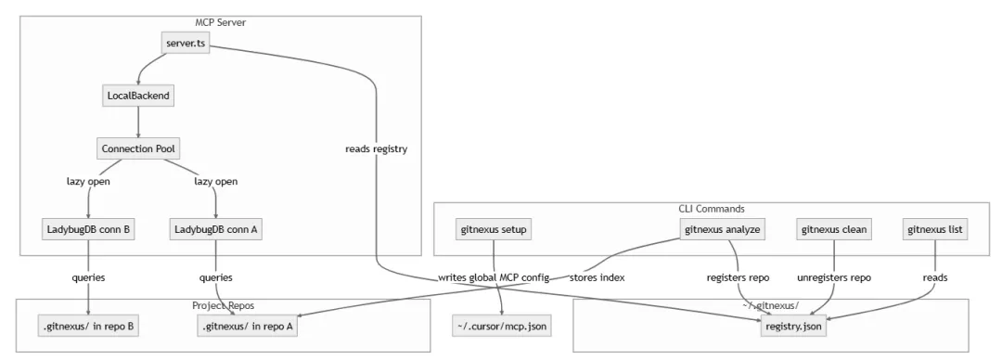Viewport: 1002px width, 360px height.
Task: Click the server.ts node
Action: [185, 43]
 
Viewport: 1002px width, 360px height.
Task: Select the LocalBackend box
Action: [138, 96]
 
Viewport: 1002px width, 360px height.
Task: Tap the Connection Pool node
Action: [138, 149]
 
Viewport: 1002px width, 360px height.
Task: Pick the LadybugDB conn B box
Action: [88, 229]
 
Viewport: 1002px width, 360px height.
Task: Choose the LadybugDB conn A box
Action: [216, 229]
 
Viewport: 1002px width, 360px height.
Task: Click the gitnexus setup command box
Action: [494, 229]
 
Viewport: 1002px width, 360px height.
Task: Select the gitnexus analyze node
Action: [723, 229]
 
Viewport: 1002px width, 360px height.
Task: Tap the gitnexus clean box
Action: [834, 229]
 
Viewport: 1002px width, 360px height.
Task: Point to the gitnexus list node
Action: [935, 229]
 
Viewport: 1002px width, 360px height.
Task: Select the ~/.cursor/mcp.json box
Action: [502, 326]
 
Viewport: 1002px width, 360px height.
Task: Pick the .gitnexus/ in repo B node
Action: [88, 326]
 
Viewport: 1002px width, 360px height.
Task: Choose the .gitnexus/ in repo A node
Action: [248, 326]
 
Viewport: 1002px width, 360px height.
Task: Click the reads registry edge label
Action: [377, 149]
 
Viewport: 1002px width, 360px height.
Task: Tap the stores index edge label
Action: [597, 277]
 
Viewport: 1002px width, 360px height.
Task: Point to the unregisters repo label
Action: [834, 277]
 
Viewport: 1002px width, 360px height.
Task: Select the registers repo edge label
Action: [739, 277]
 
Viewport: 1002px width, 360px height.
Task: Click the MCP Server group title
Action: [221, 22]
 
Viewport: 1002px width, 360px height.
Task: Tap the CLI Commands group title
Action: [712, 209]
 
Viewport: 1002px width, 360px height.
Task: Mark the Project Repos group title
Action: [223, 305]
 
